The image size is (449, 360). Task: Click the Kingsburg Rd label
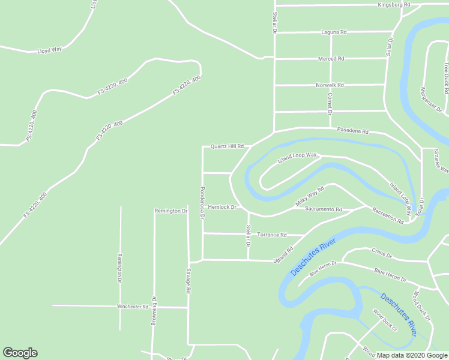point(394,5)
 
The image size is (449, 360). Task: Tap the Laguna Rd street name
point(334,32)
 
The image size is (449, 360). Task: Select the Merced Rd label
point(331,59)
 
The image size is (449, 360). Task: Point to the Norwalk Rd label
point(330,85)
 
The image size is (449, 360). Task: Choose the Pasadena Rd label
point(352,130)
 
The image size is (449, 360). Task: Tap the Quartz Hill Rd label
point(227,146)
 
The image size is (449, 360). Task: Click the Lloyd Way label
point(50,50)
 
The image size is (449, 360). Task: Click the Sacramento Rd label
point(323,209)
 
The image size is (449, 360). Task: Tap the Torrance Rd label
point(272,235)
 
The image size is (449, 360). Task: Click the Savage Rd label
point(188,281)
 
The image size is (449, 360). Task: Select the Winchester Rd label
point(133,307)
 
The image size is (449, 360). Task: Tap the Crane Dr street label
point(381,255)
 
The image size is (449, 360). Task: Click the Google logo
point(20,353)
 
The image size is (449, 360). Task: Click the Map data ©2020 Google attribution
point(412,355)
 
